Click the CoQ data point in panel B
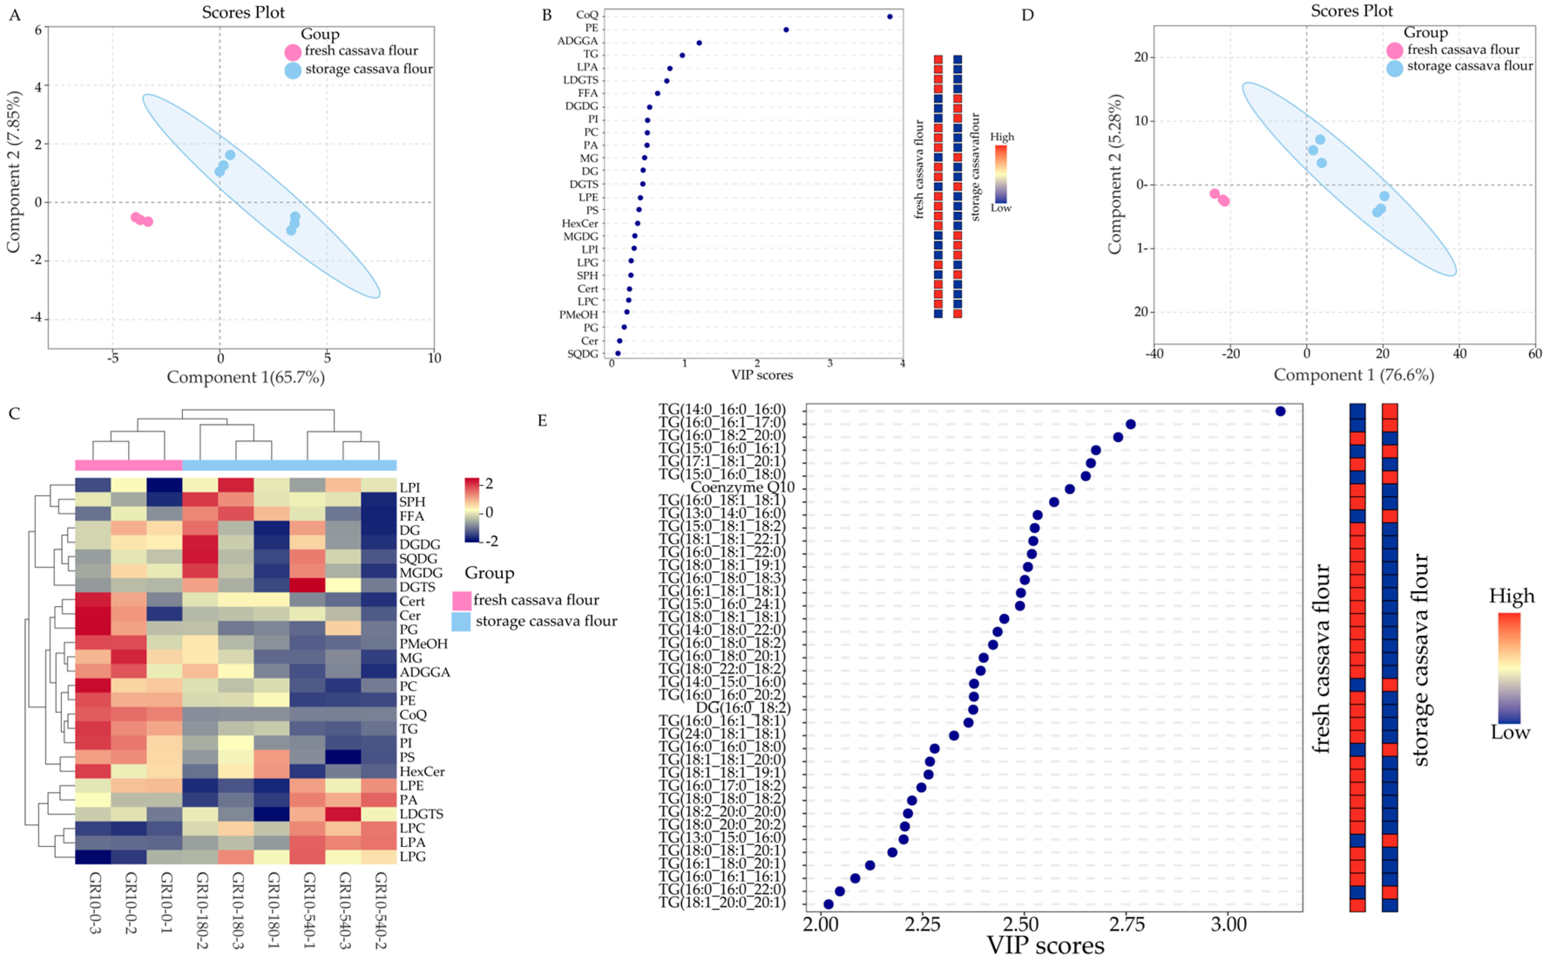tap(889, 17)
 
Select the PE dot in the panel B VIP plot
tap(786, 29)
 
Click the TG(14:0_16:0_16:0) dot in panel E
tap(1280, 411)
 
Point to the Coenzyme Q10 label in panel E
tap(743, 488)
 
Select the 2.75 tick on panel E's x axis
tap(1127, 924)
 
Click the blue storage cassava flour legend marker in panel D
tap(1395, 68)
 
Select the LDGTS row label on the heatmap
tap(421, 814)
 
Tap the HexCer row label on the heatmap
tap(422, 771)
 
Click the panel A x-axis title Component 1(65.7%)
tap(246, 377)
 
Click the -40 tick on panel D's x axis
tap(1154, 354)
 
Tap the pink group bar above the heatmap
tap(128, 464)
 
